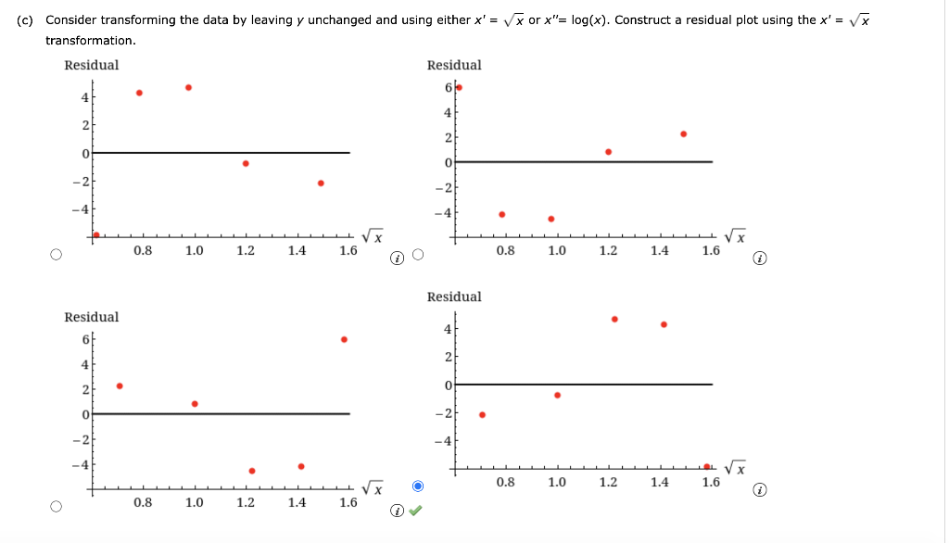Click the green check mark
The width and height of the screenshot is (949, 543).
click(417, 509)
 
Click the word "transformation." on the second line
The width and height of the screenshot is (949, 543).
click(91, 40)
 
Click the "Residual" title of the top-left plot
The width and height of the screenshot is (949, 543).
click(92, 65)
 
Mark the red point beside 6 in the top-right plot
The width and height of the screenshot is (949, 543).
click(459, 87)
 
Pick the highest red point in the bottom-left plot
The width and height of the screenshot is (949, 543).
click(344, 339)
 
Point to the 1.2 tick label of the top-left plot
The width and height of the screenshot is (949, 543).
click(246, 250)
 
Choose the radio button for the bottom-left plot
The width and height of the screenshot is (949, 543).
click(57, 507)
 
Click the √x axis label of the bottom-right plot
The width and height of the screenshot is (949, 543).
click(736, 465)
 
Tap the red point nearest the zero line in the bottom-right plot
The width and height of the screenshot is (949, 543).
click(557, 395)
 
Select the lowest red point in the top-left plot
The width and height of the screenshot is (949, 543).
click(96, 234)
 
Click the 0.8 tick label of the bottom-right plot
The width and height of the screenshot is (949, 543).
click(505, 483)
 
